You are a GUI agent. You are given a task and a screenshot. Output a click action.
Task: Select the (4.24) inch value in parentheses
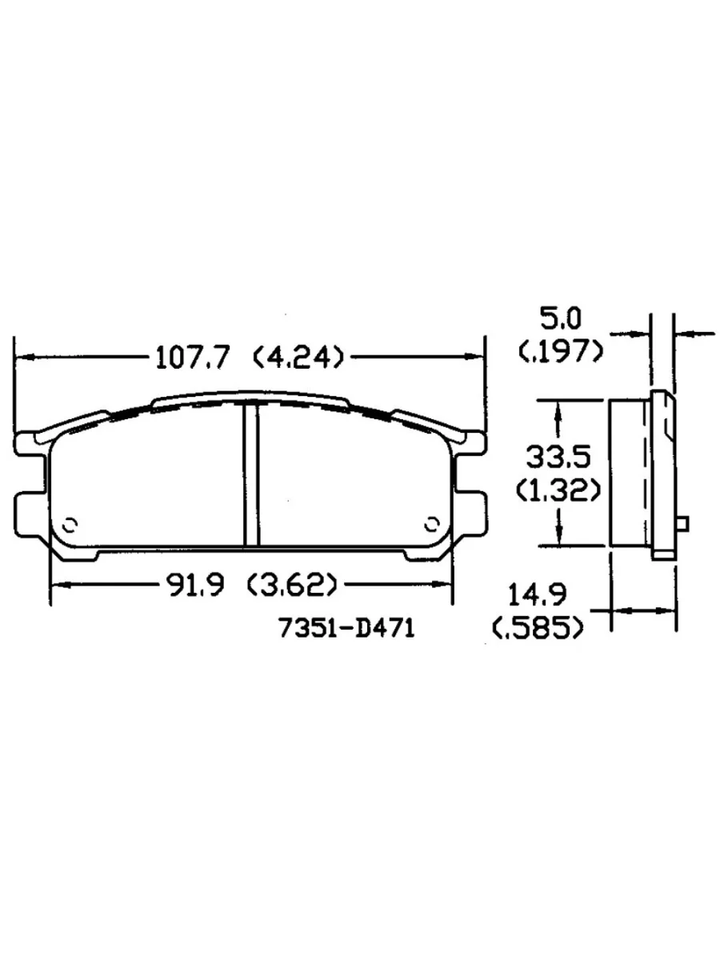click(x=298, y=357)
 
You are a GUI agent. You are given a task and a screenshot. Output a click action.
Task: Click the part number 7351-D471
click(x=346, y=630)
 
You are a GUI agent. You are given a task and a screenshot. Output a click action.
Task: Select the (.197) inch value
click(x=559, y=350)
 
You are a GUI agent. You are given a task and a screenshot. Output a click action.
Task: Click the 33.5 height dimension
click(x=558, y=457)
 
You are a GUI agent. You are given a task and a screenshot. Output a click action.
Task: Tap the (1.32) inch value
click(x=558, y=489)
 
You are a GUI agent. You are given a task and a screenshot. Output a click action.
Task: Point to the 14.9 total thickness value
click(x=538, y=596)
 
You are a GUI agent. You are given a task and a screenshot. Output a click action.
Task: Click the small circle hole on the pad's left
click(x=70, y=523)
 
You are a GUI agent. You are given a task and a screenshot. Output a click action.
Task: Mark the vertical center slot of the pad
click(x=251, y=475)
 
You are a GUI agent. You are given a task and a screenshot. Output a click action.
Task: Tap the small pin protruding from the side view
click(x=682, y=523)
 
